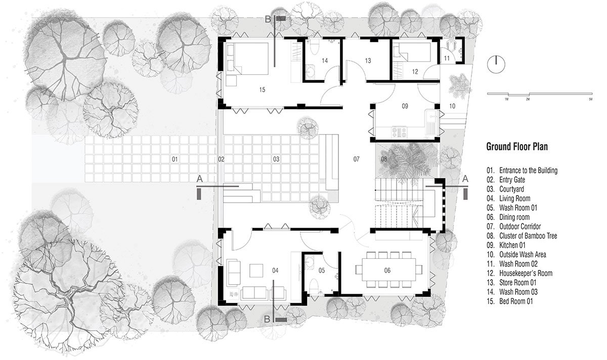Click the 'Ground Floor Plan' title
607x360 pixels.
(517, 147)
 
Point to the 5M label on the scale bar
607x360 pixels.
(590, 99)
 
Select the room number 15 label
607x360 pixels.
(262, 89)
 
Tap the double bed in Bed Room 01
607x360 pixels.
(247, 59)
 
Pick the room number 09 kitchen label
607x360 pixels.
(405, 106)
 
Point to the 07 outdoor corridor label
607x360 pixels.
(356, 159)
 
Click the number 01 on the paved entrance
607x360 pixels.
(175, 159)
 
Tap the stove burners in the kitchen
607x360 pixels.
(399, 132)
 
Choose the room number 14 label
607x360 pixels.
(325, 61)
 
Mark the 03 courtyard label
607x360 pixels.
(276, 159)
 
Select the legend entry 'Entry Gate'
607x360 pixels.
(506, 180)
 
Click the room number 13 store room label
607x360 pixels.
(368, 61)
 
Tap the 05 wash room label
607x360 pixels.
(321, 271)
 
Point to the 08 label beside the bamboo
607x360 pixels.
(384, 159)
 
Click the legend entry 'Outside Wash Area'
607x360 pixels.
(516, 255)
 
